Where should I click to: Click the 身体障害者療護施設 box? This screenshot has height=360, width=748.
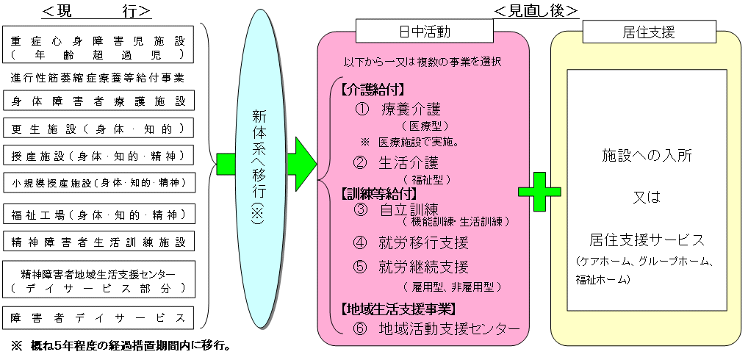tap(98, 101)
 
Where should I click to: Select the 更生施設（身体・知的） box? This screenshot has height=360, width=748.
tap(98, 129)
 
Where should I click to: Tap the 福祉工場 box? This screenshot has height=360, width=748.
tap(98, 215)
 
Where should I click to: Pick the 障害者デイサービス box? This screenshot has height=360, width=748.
tap(98, 318)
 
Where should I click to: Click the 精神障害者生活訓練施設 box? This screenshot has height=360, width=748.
tap(98, 241)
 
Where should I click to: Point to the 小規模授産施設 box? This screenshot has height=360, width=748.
tap(98, 181)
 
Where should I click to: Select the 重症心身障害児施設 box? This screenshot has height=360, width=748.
tap(98, 46)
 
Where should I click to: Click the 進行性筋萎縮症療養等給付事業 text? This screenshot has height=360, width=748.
tap(97, 76)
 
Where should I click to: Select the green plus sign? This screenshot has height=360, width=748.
tap(539, 192)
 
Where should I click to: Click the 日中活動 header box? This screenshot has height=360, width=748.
tap(424, 32)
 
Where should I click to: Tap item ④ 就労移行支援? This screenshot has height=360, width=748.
tap(411, 242)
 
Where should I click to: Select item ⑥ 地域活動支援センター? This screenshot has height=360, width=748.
tap(436, 328)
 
